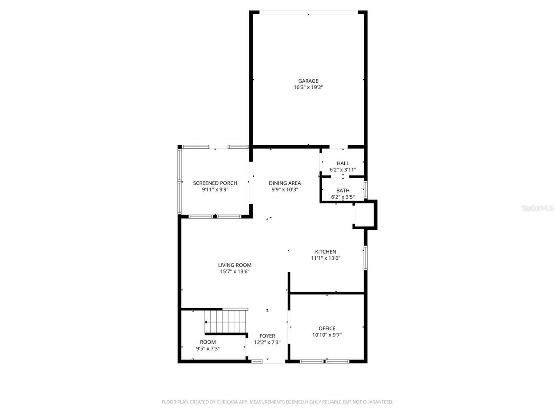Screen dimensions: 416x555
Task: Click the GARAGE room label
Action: [308, 81]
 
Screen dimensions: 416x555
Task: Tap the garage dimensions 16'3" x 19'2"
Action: [308, 87]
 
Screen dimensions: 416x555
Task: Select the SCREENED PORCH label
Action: [215, 183]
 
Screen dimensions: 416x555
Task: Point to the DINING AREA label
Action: [284, 183]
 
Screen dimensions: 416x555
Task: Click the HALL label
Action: [343, 163]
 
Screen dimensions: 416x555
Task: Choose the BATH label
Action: [343, 191]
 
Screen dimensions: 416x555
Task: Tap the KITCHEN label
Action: [325, 252]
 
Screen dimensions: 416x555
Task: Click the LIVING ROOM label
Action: [235, 265]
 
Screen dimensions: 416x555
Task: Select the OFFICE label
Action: [326, 328]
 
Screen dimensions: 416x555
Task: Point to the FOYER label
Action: [267, 336]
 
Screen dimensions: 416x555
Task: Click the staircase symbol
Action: [225, 321]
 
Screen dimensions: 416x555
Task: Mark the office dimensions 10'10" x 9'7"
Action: [326, 335]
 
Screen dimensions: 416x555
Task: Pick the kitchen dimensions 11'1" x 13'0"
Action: [325, 258]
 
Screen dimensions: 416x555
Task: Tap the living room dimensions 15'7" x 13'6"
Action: [235, 272]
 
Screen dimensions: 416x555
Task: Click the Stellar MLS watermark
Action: [538, 208]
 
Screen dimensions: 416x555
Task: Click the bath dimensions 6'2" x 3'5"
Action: [343, 197]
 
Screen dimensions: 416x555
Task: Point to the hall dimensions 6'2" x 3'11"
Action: [343, 170]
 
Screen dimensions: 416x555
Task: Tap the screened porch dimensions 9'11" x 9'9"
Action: [215, 189]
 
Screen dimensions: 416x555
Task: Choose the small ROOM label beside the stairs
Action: [208, 342]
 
